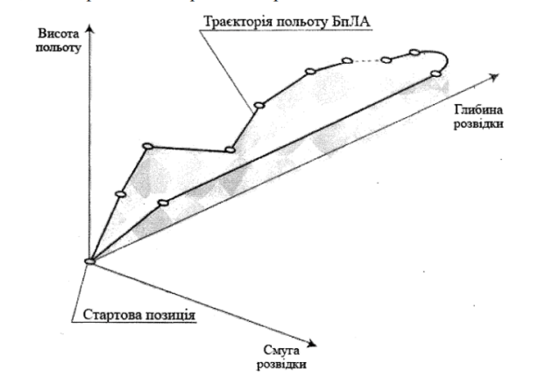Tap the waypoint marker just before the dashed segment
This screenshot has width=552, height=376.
coord(347,60)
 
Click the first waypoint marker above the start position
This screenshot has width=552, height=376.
coord(120,194)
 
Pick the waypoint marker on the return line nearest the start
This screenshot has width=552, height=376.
coord(163,203)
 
